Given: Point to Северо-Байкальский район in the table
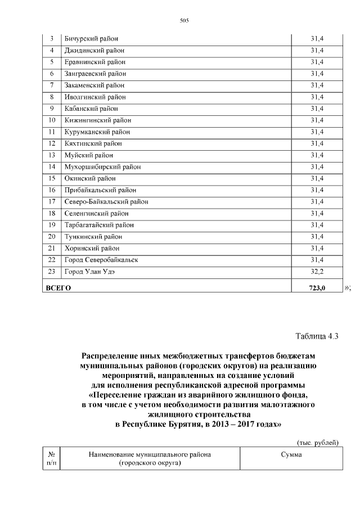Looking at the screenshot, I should [x=106, y=202].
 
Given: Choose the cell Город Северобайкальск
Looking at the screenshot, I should [x=101, y=260].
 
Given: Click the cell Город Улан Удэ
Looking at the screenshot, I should [x=92, y=272].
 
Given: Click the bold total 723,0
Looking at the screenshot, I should [x=317, y=289].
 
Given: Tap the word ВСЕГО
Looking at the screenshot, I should [x=58, y=289].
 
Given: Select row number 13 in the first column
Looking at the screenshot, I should [x=52, y=155].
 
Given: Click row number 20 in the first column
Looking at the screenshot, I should [x=52, y=237].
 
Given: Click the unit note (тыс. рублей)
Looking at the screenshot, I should [x=318, y=443].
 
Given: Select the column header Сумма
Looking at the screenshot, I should [x=291, y=455].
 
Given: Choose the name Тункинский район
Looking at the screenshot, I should [x=93, y=237].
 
